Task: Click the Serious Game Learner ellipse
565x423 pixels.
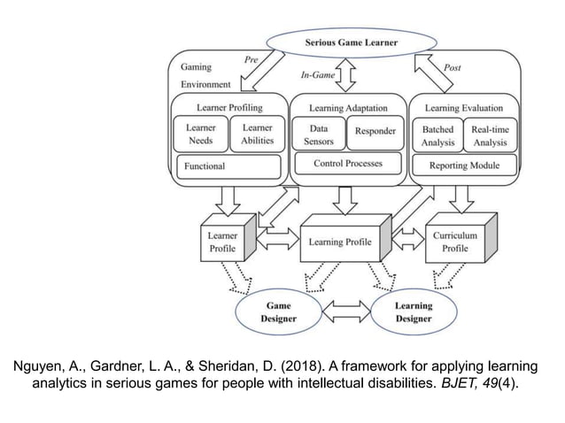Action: tap(352, 42)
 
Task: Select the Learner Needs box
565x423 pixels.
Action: tap(201, 134)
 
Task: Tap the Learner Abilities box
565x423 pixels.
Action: tap(258, 134)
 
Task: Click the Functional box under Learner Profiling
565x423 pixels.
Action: tap(228, 165)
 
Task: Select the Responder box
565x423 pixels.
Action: tap(375, 133)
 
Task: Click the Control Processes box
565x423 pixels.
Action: tap(346, 164)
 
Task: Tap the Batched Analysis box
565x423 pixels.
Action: tap(437, 135)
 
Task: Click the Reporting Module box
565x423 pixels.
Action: tap(464, 165)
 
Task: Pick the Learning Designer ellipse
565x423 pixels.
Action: tap(414, 311)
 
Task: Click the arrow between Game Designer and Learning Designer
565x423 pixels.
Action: tap(345, 311)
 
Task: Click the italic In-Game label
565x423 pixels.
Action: tap(317, 75)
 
